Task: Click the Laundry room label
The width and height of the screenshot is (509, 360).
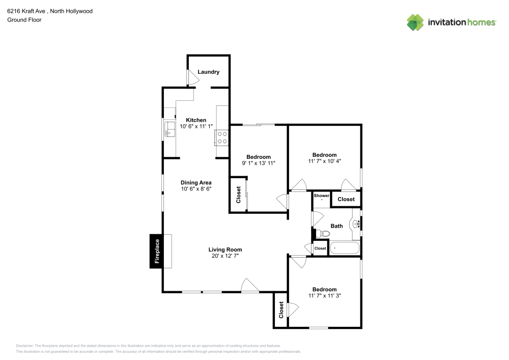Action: click(x=209, y=72)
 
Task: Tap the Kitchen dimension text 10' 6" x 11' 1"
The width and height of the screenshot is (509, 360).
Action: click(x=196, y=127)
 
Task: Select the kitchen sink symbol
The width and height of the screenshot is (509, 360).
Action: click(x=169, y=129)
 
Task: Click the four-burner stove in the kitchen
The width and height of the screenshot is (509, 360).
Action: click(x=222, y=136)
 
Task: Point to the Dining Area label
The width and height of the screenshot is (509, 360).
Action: click(x=196, y=182)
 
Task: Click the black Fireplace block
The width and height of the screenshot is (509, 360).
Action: click(x=157, y=251)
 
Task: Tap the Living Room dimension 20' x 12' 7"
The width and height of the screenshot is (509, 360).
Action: click(x=225, y=256)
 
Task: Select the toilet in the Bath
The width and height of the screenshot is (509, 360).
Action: click(x=323, y=234)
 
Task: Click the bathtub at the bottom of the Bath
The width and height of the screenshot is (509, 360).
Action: click(x=345, y=248)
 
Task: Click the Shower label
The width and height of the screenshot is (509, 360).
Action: click(x=321, y=196)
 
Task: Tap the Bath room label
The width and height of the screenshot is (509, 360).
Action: click(x=336, y=226)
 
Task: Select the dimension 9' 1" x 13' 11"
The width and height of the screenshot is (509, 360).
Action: click(x=259, y=163)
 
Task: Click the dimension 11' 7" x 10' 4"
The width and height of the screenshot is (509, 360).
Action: click(x=324, y=161)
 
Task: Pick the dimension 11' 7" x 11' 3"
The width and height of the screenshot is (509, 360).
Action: click(x=324, y=295)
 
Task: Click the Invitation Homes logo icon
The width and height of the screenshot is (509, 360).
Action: click(x=415, y=22)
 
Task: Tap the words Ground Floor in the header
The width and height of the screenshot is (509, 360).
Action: click(x=24, y=20)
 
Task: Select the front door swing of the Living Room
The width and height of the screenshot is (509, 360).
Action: click(x=250, y=286)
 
